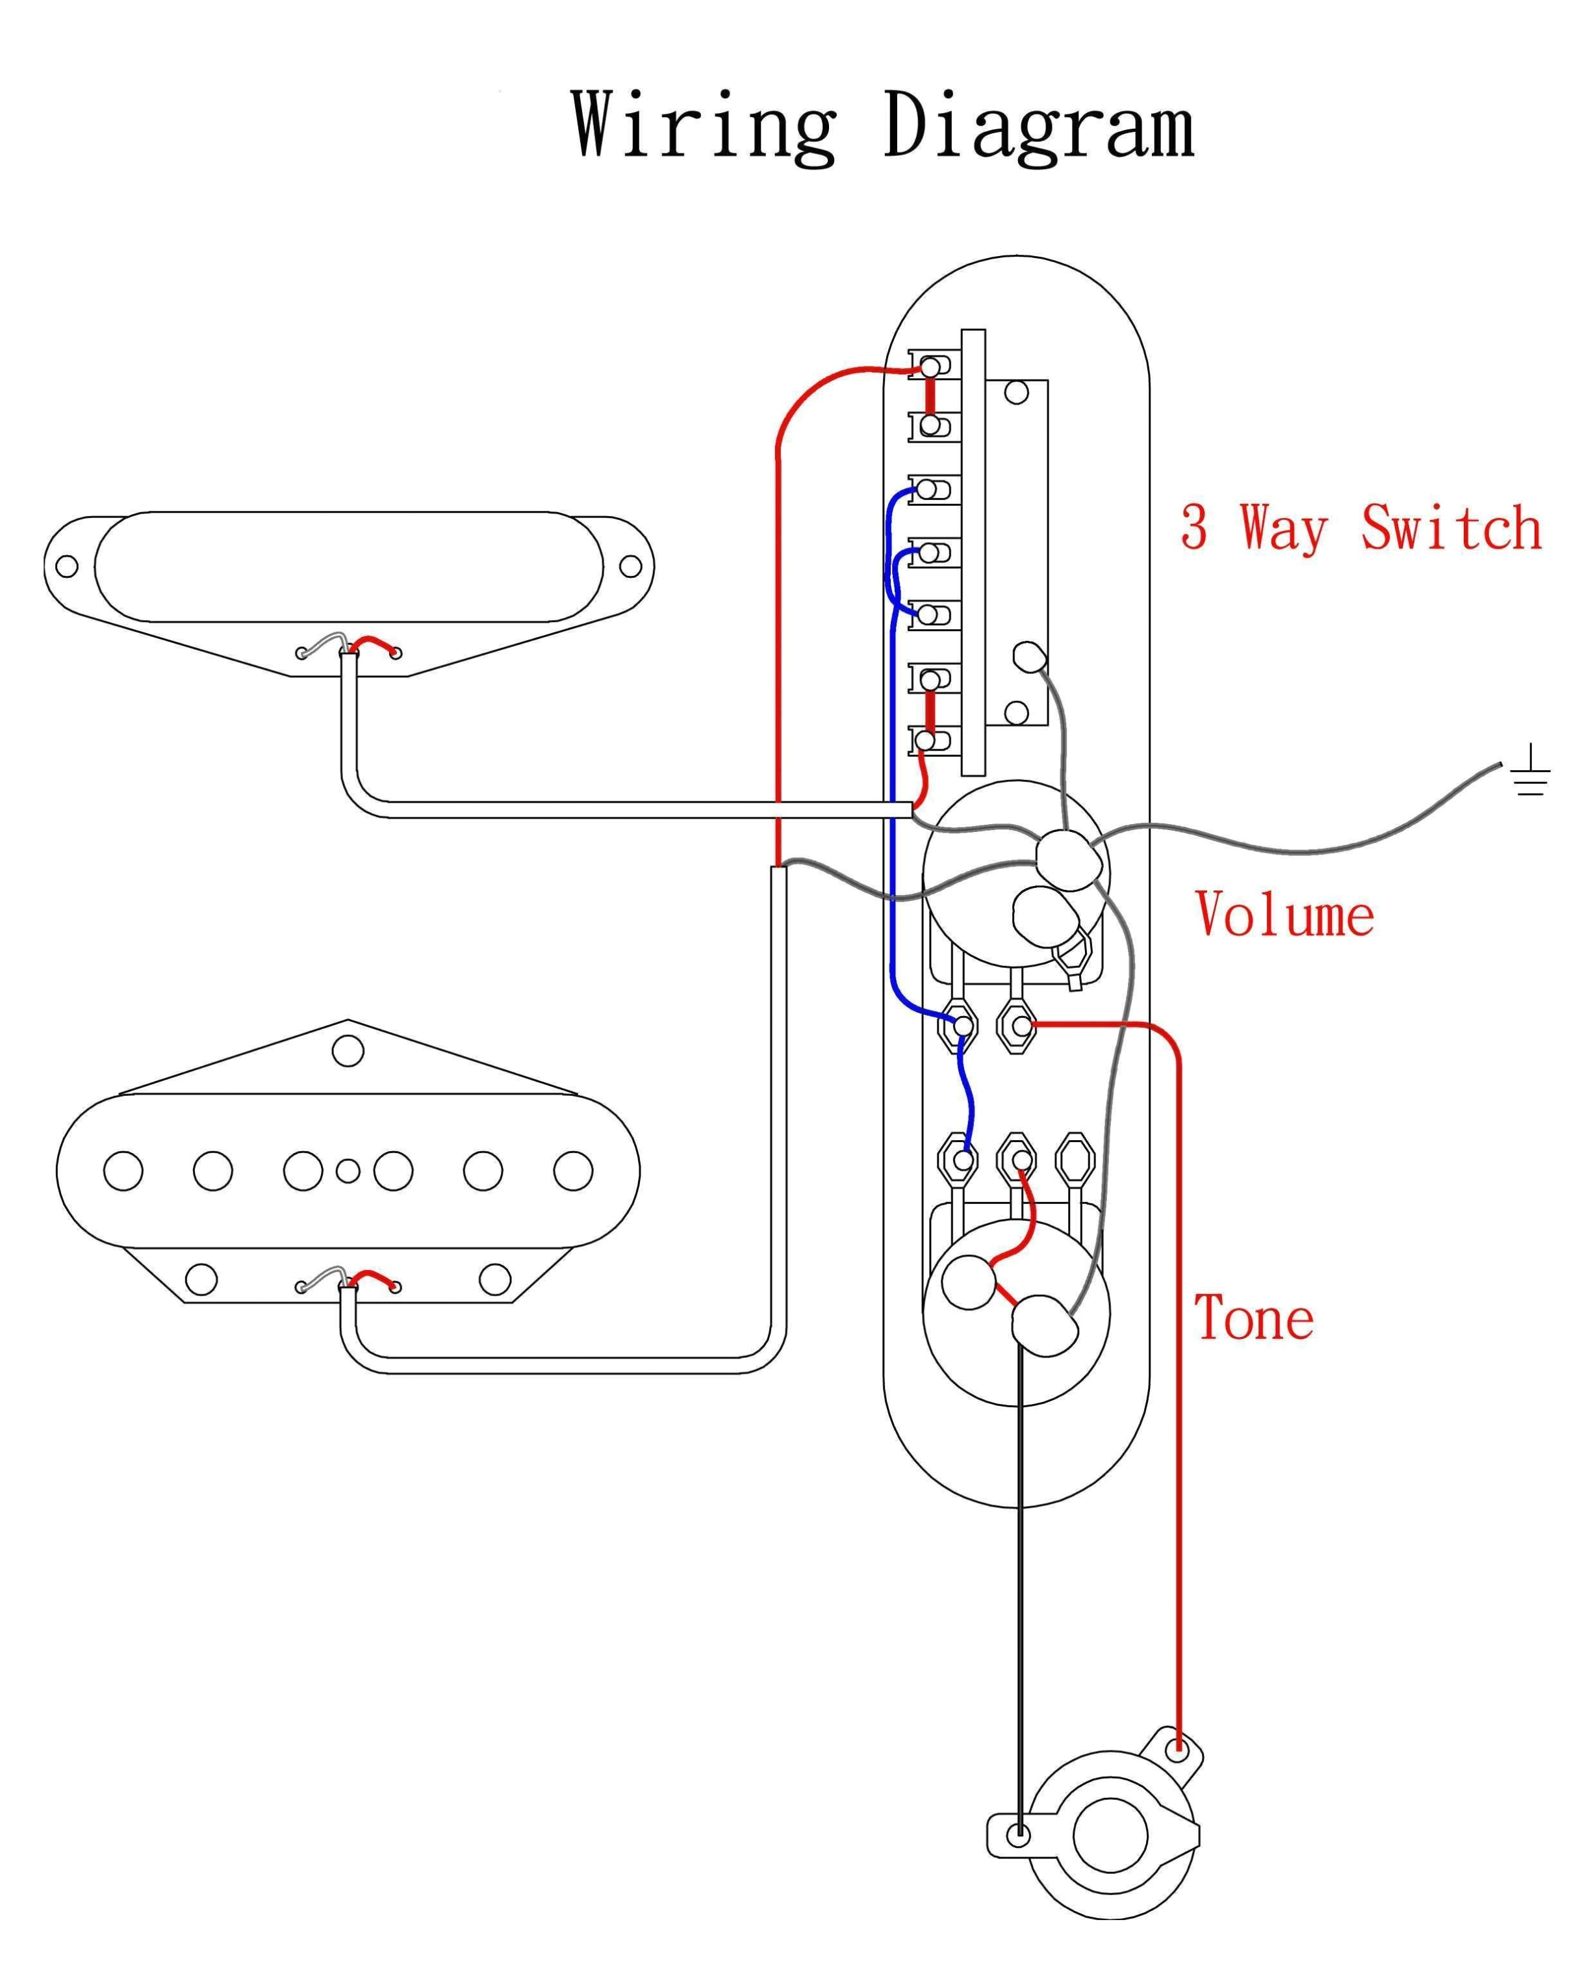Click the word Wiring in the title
pos(704,127)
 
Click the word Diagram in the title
pos(1038,127)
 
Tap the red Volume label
pos(1284,915)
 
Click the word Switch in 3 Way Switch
pos(1451,528)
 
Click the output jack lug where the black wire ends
pos(1018,1836)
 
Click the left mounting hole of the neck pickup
pos(67,566)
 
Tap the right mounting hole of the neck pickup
pos(630,566)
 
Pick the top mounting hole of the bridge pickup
pos(348,1050)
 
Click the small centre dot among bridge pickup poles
pos(348,1171)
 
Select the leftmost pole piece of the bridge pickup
pos(123,1171)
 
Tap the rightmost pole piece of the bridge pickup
pos(573,1171)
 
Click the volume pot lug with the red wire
pos(1017,1025)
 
